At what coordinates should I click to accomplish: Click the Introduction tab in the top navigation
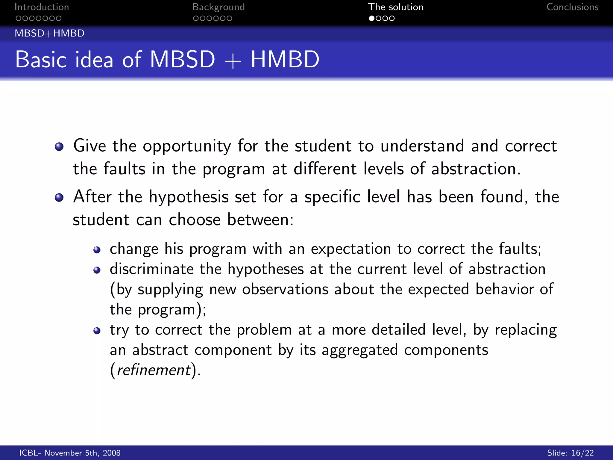tap(42, 7)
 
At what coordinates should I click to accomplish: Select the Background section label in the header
tap(218, 7)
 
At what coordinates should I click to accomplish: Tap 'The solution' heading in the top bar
tap(395, 7)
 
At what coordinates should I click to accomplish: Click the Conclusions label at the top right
tap(572, 7)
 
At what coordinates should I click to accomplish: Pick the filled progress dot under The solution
tap(371, 18)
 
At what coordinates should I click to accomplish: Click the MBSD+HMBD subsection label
tap(50, 33)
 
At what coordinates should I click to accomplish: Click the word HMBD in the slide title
tap(285, 59)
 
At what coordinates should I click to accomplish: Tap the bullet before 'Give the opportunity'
tap(59, 146)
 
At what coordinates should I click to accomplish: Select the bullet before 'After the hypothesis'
tap(59, 197)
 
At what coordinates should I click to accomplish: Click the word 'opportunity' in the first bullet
tap(187, 146)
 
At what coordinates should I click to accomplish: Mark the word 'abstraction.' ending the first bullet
tap(476, 169)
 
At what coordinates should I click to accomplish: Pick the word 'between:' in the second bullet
tap(260, 220)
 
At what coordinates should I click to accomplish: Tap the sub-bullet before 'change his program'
tap(97, 250)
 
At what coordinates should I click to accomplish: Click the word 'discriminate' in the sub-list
tap(151, 269)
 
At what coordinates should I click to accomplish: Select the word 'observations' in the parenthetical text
tap(285, 289)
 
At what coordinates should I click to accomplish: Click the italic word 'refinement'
tap(154, 370)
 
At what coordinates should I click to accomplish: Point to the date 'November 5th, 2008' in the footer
tap(82, 453)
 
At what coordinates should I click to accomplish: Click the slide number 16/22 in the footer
tap(582, 453)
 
